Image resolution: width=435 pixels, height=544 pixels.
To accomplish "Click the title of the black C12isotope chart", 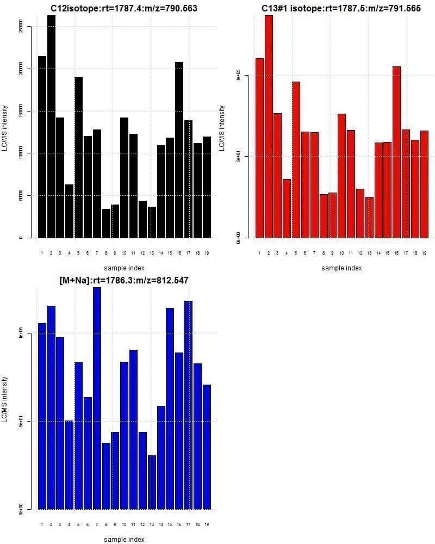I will [124, 9].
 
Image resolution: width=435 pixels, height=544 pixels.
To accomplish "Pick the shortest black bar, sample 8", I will [106, 224].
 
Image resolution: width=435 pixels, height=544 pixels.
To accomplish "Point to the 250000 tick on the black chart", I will [21, 26].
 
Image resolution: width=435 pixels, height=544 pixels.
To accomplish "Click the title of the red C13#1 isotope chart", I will [341, 9].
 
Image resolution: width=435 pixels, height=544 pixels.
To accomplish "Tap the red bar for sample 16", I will [397, 152].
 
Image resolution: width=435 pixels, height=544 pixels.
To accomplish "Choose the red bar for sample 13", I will [369, 218].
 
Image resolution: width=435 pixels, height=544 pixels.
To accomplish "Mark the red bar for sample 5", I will [296, 160].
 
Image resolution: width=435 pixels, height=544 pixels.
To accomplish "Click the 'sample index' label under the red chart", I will [341, 268].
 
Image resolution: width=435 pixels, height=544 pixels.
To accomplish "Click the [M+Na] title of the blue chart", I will [124, 281].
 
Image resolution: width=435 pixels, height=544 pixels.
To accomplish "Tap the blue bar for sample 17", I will [188, 405].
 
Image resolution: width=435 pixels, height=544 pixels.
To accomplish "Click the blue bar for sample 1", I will [42, 416].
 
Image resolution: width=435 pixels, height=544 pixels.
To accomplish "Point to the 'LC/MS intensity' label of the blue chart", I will [5, 399].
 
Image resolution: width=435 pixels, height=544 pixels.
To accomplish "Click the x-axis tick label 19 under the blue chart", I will [207, 524].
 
